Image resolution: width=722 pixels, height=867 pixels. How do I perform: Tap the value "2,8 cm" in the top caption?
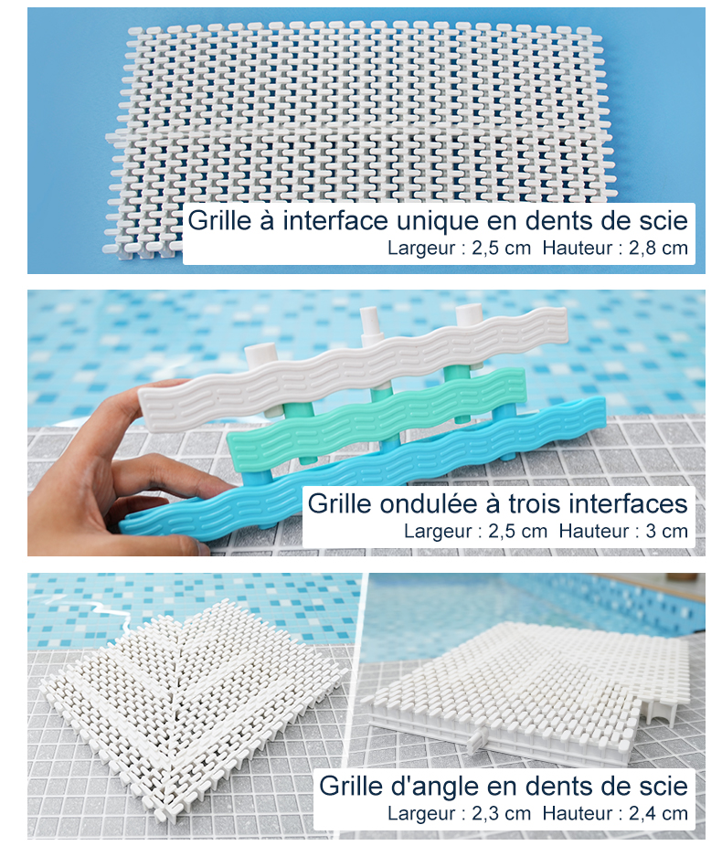click(x=658, y=248)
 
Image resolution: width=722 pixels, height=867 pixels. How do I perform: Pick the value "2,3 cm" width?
click(x=501, y=813)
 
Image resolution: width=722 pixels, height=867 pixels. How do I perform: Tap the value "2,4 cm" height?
click(x=658, y=813)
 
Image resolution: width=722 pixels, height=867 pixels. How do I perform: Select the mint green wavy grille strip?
click(x=377, y=418)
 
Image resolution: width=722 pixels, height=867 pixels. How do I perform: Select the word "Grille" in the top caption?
click(x=219, y=220)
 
